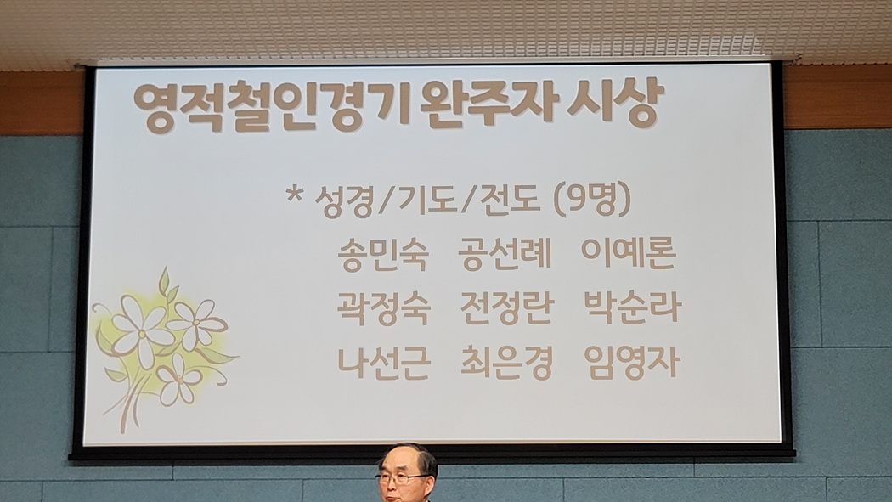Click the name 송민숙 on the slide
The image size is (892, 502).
point(383,254)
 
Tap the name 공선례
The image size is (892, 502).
point(505,254)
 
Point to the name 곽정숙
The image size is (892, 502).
point(383,307)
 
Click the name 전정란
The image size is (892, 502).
point(507,307)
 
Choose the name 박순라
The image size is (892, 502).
point(633,307)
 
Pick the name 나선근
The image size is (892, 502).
point(384,362)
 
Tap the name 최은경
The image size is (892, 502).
point(506,362)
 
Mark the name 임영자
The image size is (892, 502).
point(632,362)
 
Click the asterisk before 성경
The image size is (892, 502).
point(295,195)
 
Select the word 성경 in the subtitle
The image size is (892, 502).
point(345,201)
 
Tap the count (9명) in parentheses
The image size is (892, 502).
point(592,200)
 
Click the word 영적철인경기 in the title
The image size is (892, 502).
point(271,107)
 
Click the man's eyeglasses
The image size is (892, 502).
point(401,478)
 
